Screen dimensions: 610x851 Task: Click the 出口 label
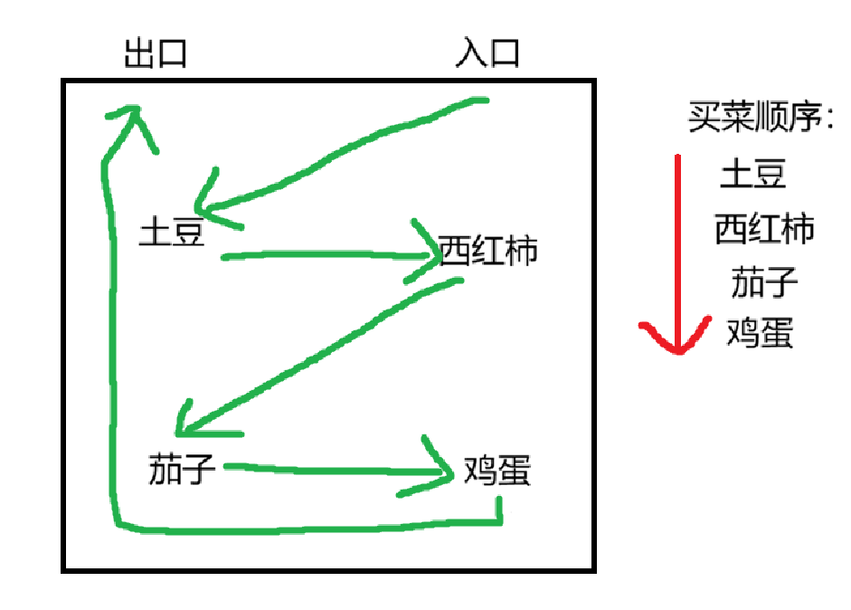click(x=155, y=53)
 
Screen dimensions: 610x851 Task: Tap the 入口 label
click(x=487, y=53)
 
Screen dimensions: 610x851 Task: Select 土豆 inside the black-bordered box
click(x=172, y=233)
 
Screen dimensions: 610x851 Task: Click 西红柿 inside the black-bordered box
click(x=487, y=249)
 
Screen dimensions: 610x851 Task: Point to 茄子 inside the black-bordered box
click(x=181, y=470)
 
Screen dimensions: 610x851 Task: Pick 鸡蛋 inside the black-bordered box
click(x=496, y=472)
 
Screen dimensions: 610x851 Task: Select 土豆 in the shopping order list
click(x=752, y=173)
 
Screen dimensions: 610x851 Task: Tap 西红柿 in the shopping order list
click(x=764, y=228)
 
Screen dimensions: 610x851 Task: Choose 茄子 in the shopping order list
click(x=764, y=282)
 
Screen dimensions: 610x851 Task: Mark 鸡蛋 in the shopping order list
click(x=760, y=334)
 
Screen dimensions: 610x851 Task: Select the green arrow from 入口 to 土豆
click(x=344, y=154)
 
